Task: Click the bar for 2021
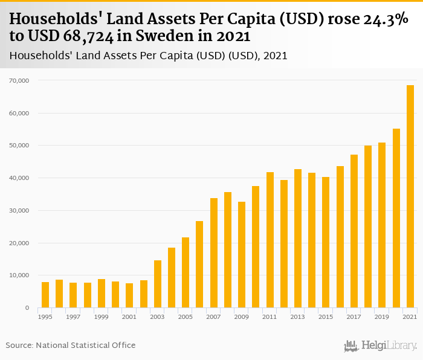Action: click(x=410, y=196)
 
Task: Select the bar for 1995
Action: click(x=45, y=295)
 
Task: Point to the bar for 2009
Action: click(x=242, y=254)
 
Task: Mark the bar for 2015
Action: click(x=326, y=242)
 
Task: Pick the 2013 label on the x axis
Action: click(x=298, y=317)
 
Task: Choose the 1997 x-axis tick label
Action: click(x=73, y=317)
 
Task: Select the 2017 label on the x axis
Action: click(x=354, y=317)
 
